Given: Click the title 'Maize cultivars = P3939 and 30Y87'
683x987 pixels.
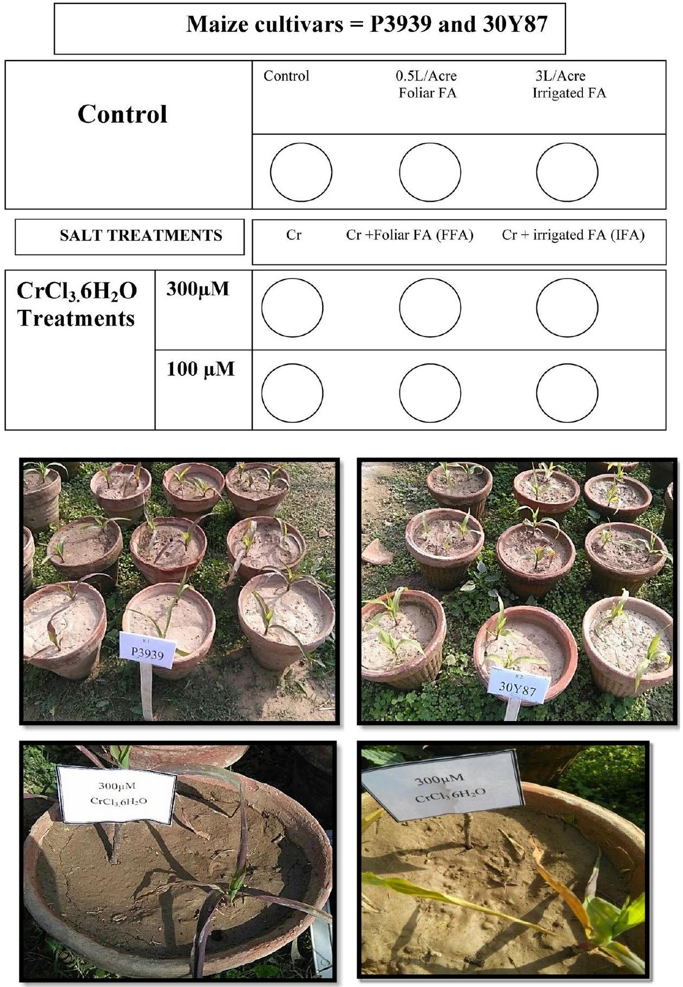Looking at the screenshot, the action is pos(367,24).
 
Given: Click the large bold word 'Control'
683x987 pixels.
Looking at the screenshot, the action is pos(122,114).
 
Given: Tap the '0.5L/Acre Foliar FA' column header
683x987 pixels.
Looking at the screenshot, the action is pos(428,84).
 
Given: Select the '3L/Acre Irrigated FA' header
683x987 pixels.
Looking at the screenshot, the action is pos(569,84).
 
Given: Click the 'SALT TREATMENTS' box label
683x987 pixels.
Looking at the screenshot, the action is pos(141,236).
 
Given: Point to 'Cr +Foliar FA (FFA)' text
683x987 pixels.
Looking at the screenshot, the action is pos(410,235).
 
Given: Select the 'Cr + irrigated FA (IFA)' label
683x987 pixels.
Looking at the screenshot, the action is pos(573,235).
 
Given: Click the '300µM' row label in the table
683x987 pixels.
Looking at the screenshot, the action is pos(198,289).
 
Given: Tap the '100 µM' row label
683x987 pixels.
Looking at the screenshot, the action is pos(200,369).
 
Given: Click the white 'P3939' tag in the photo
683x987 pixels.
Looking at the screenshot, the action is pos(147,648).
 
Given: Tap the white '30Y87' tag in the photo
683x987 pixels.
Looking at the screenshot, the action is pos(518,685).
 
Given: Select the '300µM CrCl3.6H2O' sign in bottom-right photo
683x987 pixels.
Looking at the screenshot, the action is pos(443,789).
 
